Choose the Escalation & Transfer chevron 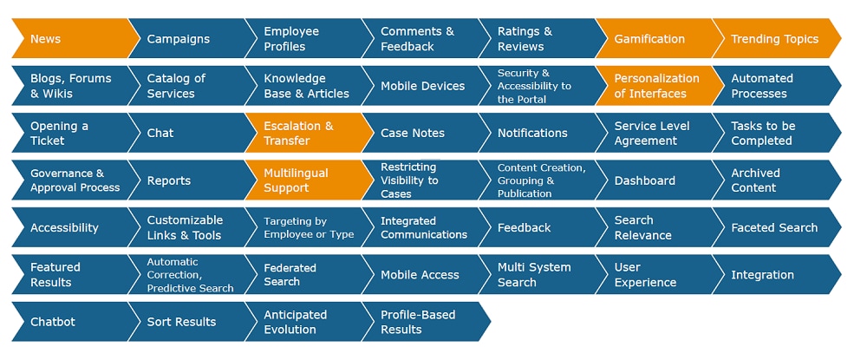tap(308, 134)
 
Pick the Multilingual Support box tap(308, 180)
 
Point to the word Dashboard tap(645, 180)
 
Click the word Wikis tap(57, 94)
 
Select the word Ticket tap(48, 141)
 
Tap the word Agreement tap(646, 141)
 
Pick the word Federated tap(290, 268)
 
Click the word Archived tap(755, 173)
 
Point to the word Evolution tap(290, 330)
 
